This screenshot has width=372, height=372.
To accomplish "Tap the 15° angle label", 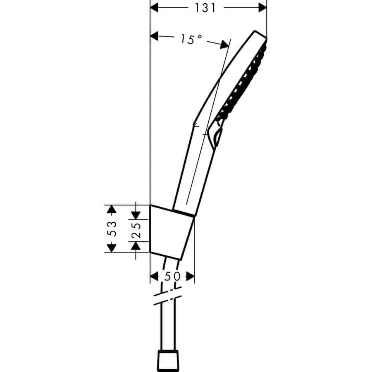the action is (x=191, y=39).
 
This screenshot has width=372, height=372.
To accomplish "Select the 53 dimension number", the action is (x=112, y=229).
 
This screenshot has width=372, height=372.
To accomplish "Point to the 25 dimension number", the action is (x=136, y=230).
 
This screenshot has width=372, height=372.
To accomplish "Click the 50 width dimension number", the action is (x=172, y=277).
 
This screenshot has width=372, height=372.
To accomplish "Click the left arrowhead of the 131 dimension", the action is (x=154, y=7).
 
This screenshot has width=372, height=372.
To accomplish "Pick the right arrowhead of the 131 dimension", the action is (x=262, y=7).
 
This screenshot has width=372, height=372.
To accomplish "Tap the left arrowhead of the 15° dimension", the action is (x=154, y=36).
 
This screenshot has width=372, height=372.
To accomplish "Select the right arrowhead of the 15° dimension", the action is (x=224, y=45).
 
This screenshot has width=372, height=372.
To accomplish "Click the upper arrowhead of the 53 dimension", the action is (x=112, y=209).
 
